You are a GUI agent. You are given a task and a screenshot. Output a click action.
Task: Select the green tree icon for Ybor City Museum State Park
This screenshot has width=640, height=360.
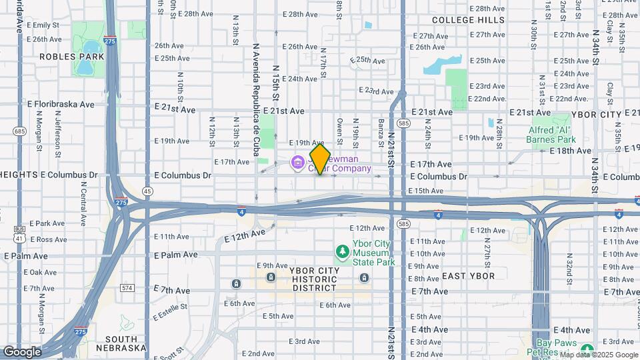pyautogui.click(x=343, y=251)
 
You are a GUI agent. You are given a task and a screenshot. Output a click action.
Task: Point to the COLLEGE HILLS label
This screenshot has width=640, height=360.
pyautogui.click(x=468, y=20)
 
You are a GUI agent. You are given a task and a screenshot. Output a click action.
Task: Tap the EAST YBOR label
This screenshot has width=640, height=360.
pyautogui.click(x=468, y=276)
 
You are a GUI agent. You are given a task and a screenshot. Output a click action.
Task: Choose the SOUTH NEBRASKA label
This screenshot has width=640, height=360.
pyautogui.click(x=121, y=343)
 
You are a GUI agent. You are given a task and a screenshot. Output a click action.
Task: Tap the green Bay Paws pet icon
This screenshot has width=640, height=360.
pyautogui.click(x=587, y=349)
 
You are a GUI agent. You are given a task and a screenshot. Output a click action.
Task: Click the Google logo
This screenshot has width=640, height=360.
pyautogui.click(x=21, y=351)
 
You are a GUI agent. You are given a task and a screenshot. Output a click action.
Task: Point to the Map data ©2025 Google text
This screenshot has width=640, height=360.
pyautogui.click(x=599, y=355)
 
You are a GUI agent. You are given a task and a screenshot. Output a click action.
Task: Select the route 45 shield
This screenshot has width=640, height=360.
pyautogui.click(x=147, y=191)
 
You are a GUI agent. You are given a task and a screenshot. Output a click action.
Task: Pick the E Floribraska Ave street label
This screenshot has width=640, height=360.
pyautogui.click(x=61, y=105)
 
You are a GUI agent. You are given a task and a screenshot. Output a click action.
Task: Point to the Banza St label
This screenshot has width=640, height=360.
pyautogui.click(x=381, y=129)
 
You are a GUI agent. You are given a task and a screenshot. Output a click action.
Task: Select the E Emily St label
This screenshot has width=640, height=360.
pyautogui.click(x=45, y=25)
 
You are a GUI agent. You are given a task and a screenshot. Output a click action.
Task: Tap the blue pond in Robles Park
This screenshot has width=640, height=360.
pyautogui.click(x=89, y=47)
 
